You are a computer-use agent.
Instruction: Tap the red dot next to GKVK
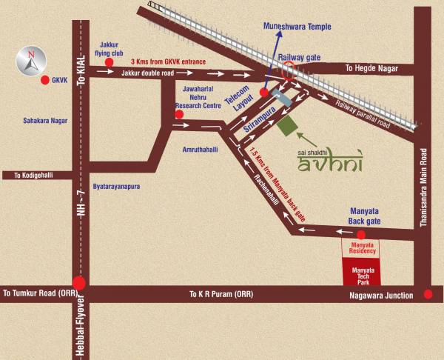tap(45, 80)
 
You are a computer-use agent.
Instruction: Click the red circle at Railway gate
tap(289, 71)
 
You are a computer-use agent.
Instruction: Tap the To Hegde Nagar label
tap(371, 69)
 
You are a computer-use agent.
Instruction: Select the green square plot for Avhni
tap(289, 124)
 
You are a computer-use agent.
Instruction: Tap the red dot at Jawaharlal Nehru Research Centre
tap(179, 115)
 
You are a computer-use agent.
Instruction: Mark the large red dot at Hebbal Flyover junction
tap(80, 283)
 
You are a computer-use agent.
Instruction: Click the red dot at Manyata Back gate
tap(361, 234)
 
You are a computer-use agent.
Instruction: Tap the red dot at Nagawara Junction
tap(428, 295)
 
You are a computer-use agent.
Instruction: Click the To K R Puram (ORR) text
tap(221, 295)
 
